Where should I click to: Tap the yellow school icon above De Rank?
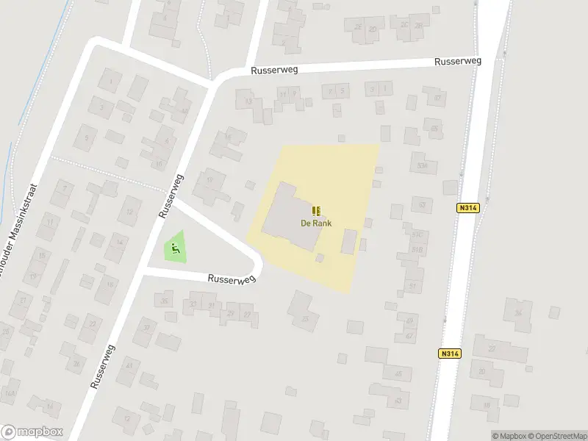(316, 211)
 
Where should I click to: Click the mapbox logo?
(32, 431)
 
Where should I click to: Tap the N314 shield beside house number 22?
(451, 354)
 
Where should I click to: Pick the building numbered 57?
(438, 98)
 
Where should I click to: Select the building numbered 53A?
(421, 165)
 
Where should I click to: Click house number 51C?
(417, 235)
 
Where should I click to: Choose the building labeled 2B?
(419, 26)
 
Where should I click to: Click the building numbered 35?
(304, 318)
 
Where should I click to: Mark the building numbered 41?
(129, 365)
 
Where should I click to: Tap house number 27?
(248, 315)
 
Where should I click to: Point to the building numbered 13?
(249, 101)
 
